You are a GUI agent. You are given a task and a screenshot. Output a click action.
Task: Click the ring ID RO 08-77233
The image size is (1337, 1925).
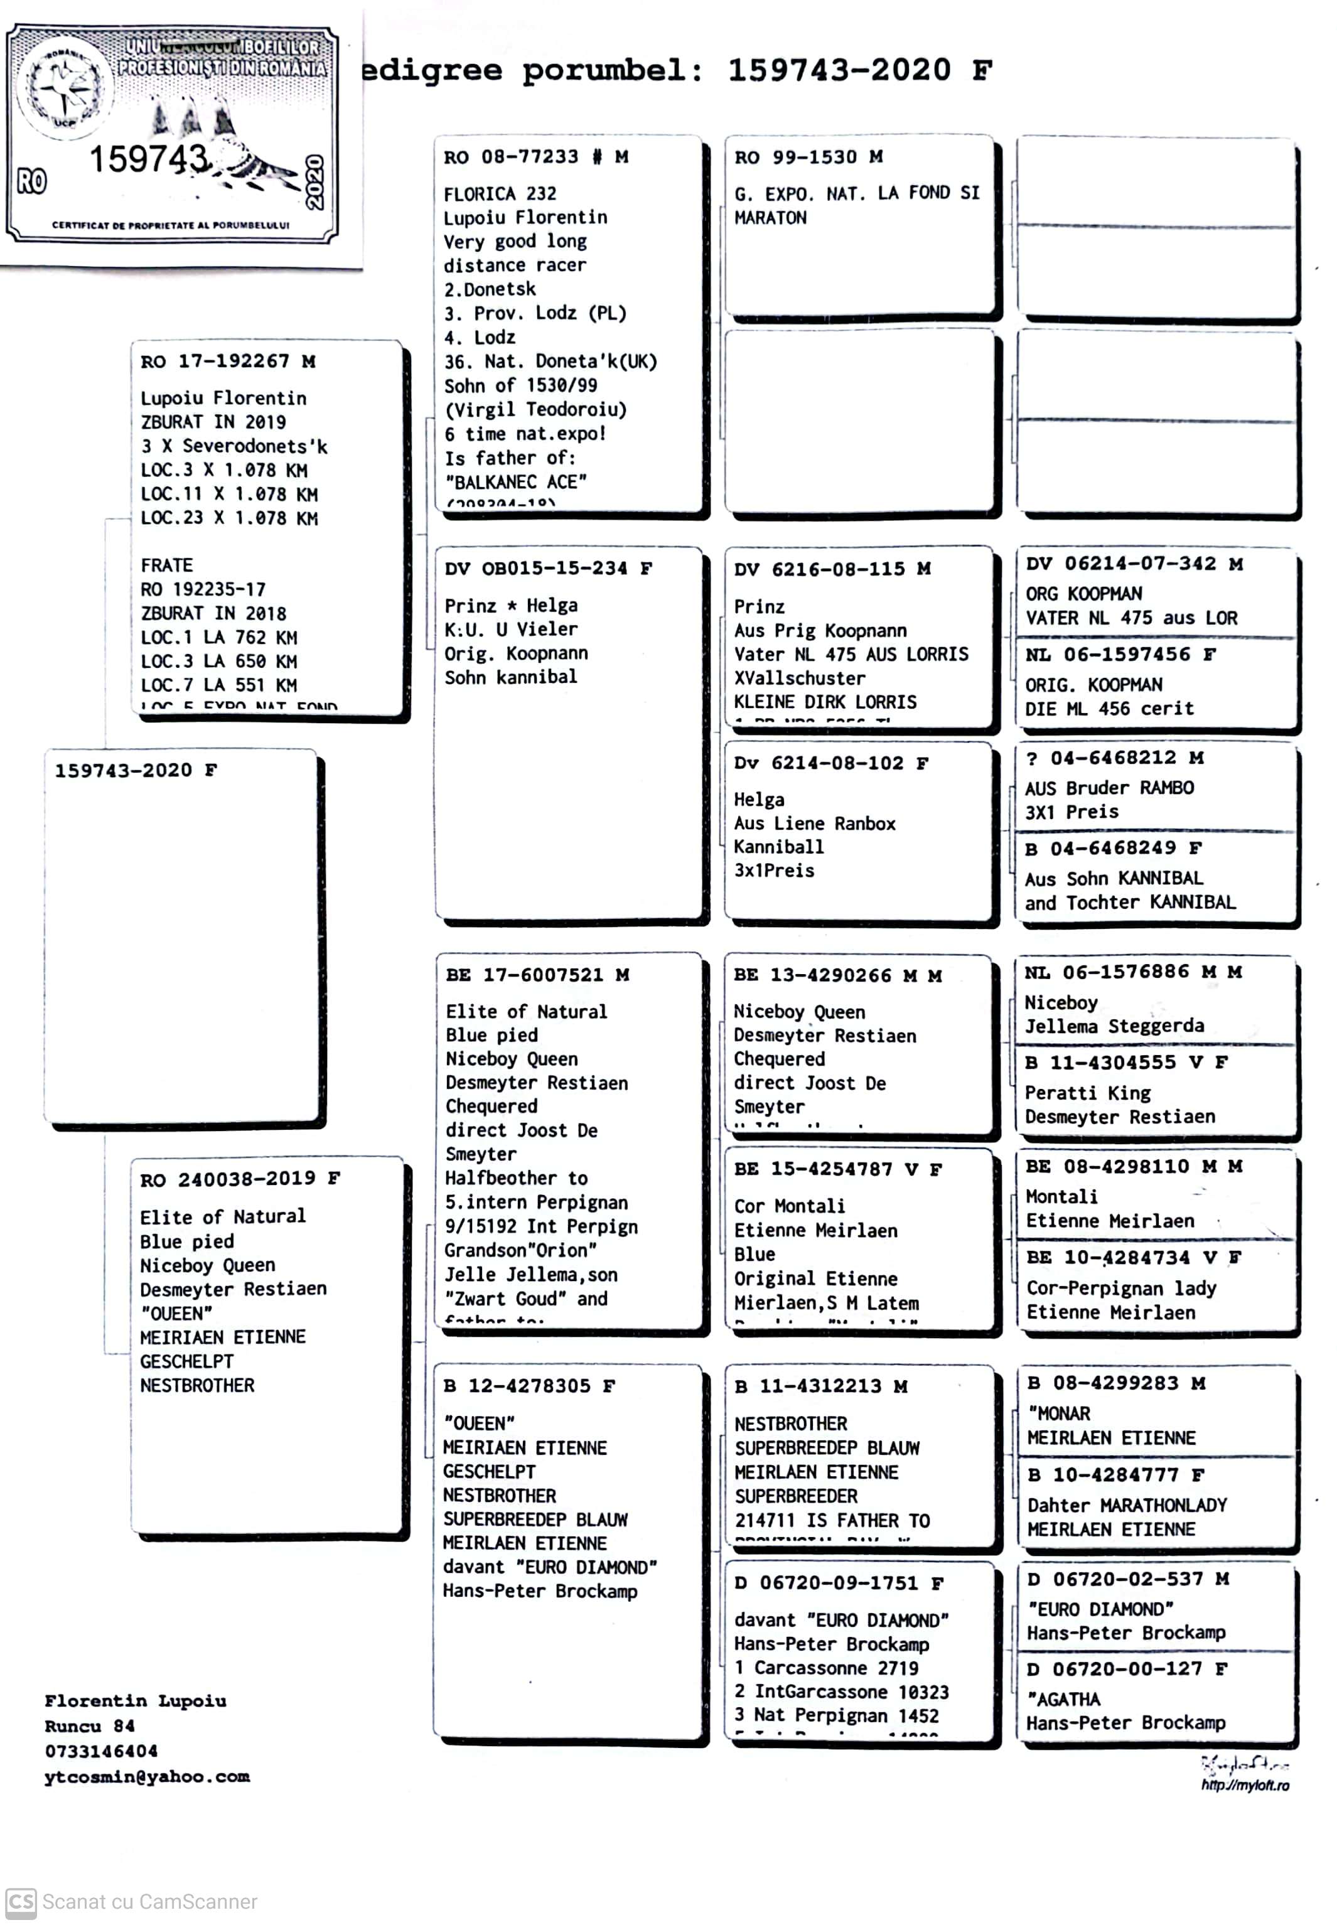(510, 157)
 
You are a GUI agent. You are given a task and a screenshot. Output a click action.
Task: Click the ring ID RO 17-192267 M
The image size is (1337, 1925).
(227, 361)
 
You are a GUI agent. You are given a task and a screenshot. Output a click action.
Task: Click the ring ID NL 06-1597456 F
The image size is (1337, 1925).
(1119, 654)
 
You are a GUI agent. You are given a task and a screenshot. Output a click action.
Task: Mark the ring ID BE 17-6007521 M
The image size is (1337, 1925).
(537, 974)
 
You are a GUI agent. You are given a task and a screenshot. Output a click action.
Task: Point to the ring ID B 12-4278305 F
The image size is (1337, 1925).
(529, 1385)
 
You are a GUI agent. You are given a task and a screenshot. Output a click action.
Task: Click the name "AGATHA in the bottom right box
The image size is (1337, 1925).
(1063, 1699)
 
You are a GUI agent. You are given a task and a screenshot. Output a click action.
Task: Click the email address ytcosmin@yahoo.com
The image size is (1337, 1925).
(147, 1776)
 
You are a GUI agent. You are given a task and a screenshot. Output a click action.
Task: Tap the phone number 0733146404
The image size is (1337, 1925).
(100, 1751)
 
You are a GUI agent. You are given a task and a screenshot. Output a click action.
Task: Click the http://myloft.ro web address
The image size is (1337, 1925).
(1245, 1785)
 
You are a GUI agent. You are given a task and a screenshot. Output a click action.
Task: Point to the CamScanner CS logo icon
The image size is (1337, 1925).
(20, 1902)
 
